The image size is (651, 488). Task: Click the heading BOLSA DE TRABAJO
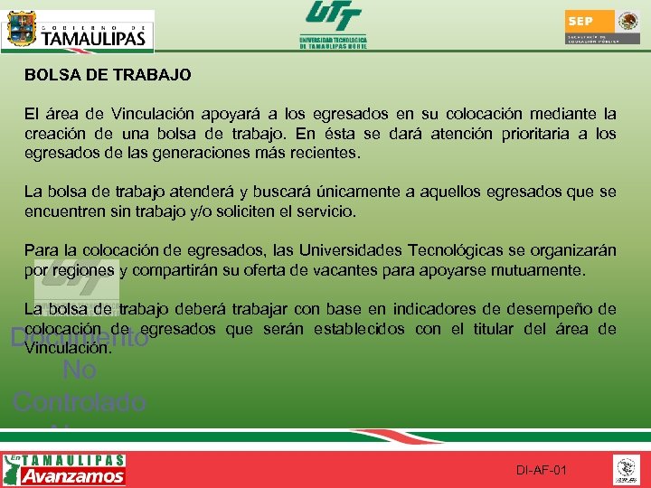click(108, 75)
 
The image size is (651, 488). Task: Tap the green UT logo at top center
click(333, 24)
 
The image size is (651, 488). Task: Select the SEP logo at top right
click(600, 27)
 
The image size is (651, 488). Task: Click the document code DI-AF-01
click(541, 471)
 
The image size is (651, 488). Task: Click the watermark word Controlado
click(80, 401)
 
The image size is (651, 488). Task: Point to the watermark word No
click(80, 370)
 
